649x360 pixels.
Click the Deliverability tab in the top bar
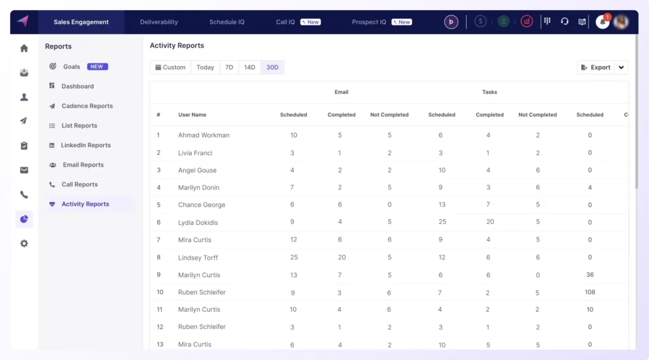coord(159,22)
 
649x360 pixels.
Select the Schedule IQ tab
coord(227,22)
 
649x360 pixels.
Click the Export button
coord(595,67)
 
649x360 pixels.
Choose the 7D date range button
coord(229,67)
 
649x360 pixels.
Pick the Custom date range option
coord(170,67)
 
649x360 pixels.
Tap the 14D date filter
coord(250,67)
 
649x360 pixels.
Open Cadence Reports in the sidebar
coord(87,106)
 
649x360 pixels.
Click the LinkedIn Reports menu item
coord(86,145)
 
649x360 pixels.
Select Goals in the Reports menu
coord(72,67)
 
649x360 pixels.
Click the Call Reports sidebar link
coord(79,184)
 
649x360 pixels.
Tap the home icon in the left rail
coord(24,48)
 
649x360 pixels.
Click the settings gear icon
coord(24,243)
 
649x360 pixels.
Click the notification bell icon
coord(602,22)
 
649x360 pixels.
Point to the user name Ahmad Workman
coord(203,135)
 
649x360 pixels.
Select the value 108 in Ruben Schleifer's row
coord(589,292)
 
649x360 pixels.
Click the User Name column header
coord(192,115)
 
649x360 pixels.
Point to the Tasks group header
coord(489,92)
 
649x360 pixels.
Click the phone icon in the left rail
coord(24,195)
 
